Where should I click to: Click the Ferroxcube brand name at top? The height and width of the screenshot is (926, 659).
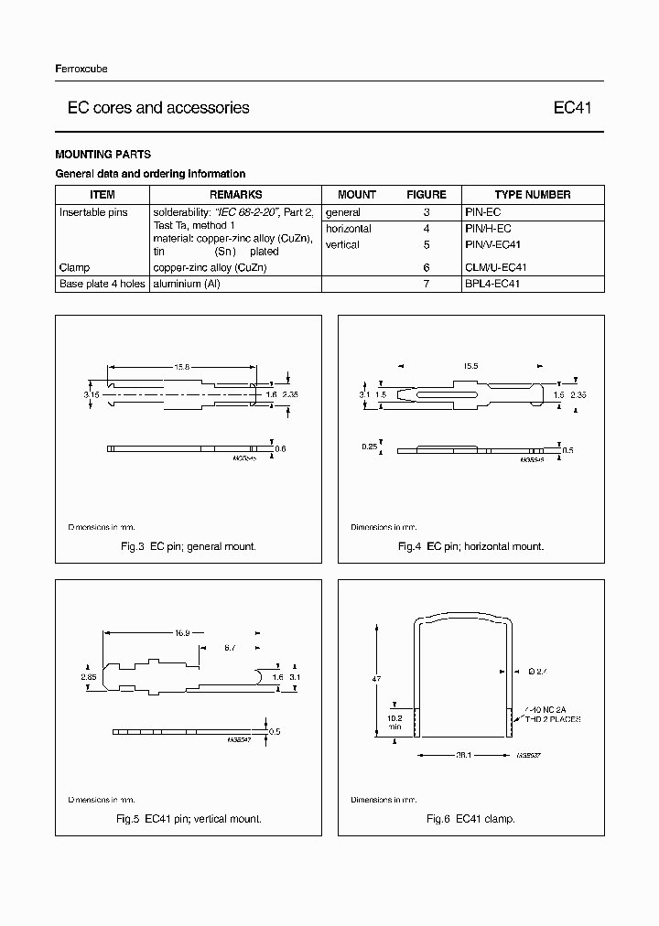pos(81,70)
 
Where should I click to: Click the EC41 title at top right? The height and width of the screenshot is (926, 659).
pos(573,108)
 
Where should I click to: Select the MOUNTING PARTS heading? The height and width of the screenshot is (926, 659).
pos(103,155)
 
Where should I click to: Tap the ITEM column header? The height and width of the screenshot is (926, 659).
pos(102,194)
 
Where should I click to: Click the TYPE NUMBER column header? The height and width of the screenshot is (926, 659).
pos(532,194)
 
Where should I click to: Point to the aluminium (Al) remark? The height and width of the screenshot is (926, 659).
pos(189,285)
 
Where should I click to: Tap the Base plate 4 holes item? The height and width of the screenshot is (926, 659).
pos(102,285)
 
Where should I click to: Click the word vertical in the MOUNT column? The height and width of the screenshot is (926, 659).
pos(342,245)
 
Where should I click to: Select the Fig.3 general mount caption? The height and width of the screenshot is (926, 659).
pos(189,546)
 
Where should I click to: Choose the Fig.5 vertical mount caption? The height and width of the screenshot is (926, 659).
pos(189,818)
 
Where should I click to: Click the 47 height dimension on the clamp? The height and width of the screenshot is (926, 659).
pos(376,679)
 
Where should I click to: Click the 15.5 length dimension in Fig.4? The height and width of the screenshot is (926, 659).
pos(470,366)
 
